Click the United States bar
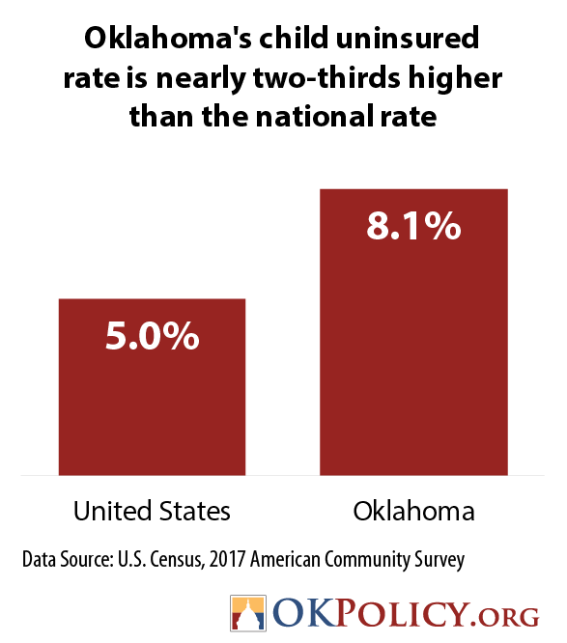pos(153,387)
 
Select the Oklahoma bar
pos(413,332)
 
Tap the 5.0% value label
pos(153,336)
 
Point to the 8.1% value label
pos(413,226)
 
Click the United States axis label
pos(152,511)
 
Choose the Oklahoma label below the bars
pos(413,511)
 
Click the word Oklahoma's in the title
pos(167,38)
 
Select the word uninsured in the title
pos(408,38)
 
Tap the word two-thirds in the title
pos(326,77)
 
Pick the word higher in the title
pos(455,78)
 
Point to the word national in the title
pos(314,116)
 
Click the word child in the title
pos(294,38)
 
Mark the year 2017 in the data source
pos(227,559)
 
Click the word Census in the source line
pos(177,560)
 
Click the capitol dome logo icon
pos(248,613)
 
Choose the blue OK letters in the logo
pos(304,613)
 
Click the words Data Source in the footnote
pos(68,559)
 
